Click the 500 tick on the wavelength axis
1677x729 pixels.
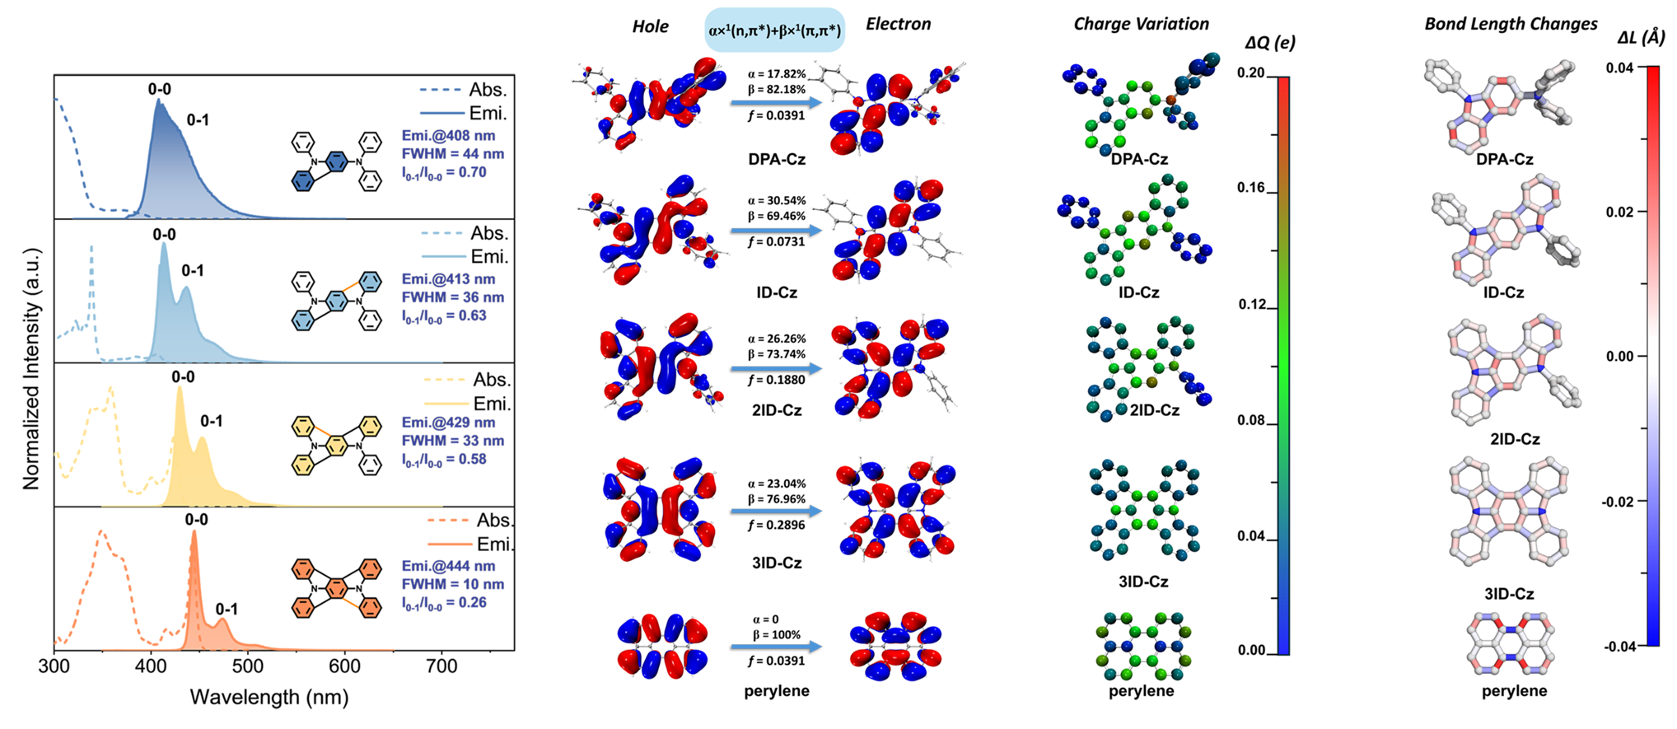click(247, 666)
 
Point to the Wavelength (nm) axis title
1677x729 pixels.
click(269, 698)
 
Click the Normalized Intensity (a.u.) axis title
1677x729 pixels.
click(31, 368)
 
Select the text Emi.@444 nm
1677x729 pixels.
click(448, 566)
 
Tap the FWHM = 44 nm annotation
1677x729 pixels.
click(452, 154)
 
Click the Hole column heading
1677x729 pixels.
click(650, 26)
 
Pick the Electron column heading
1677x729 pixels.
click(898, 24)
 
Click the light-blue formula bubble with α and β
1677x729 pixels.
click(774, 31)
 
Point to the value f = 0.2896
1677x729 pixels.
click(776, 525)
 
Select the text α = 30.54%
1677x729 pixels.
click(777, 200)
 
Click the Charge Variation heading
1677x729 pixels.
click(1141, 24)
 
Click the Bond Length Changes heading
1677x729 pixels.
click(1511, 24)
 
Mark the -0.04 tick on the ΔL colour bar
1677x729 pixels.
click(1619, 647)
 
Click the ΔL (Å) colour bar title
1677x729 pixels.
click(1641, 38)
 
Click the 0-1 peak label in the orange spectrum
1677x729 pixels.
click(227, 609)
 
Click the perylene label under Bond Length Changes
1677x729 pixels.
click(1514, 691)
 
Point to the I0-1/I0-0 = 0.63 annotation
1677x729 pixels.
click(444, 316)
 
